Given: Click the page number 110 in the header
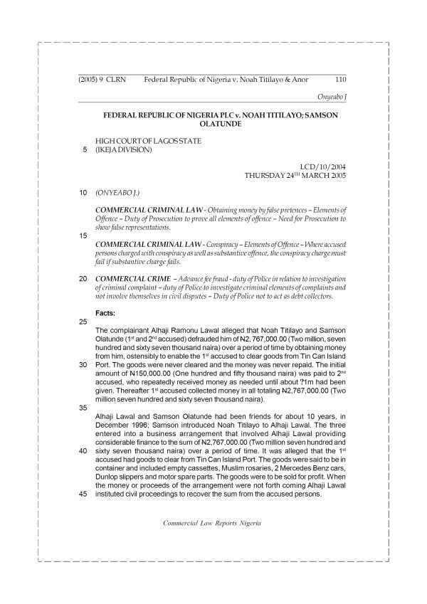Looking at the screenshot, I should point(339,80).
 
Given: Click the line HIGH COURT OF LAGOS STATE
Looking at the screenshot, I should point(148,141).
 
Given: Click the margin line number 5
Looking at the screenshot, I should point(85,149).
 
